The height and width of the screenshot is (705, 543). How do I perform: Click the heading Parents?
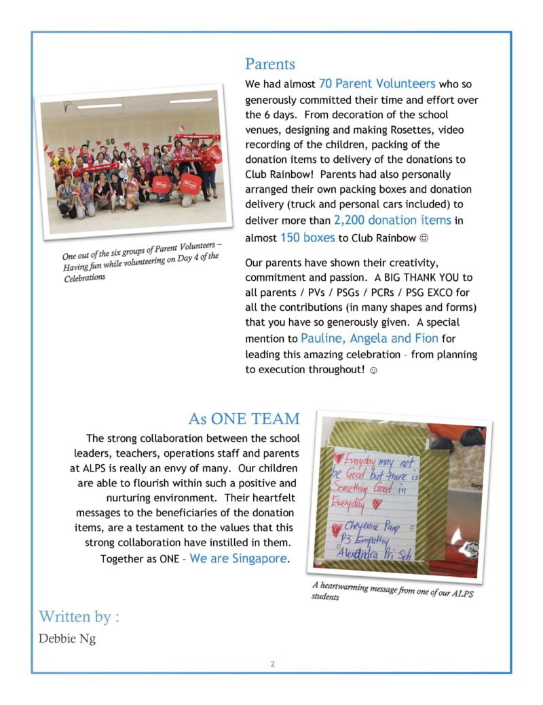click(x=270, y=64)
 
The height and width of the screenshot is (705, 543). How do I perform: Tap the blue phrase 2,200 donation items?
click(x=392, y=220)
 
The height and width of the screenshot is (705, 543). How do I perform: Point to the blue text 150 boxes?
click(x=307, y=237)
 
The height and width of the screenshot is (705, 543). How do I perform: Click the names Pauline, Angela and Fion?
click(x=369, y=338)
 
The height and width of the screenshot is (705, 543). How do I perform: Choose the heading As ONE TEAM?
click(x=244, y=418)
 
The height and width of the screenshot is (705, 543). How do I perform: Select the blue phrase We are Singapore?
click(x=238, y=558)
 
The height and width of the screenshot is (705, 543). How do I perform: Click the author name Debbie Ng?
click(x=67, y=639)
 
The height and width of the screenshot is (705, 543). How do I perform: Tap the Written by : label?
click(x=79, y=616)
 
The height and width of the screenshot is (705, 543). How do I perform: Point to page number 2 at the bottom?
click(x=272, y=664)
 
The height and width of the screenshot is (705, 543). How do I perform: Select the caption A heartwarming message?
click(x=392, y=590)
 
